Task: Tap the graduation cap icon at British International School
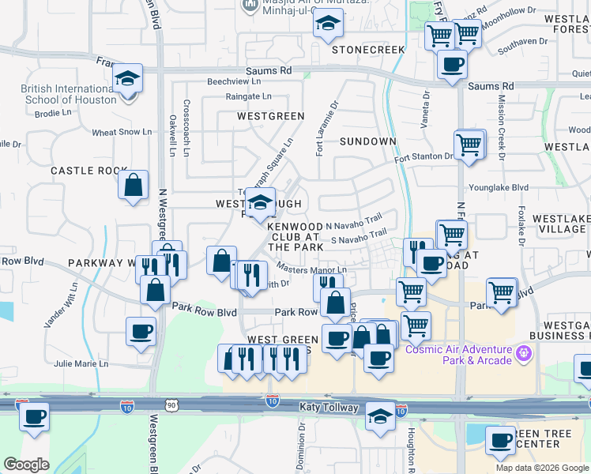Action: (126, 79)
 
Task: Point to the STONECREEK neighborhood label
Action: (368, 49)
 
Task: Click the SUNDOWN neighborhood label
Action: (368, 141)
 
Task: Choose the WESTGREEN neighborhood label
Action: (271, 115)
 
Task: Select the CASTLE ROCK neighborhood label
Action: (89, 171)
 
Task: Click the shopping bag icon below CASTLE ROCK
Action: (134, 186)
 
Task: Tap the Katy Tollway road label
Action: (329, 407)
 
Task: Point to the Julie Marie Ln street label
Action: (81, 364)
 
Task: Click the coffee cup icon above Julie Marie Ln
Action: (141, 332)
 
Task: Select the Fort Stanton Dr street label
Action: (424, 156)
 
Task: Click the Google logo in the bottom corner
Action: (27, 465)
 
